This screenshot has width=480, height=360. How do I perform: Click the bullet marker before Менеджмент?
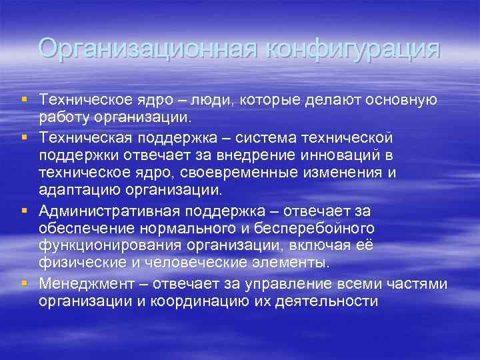click(24, 283)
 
